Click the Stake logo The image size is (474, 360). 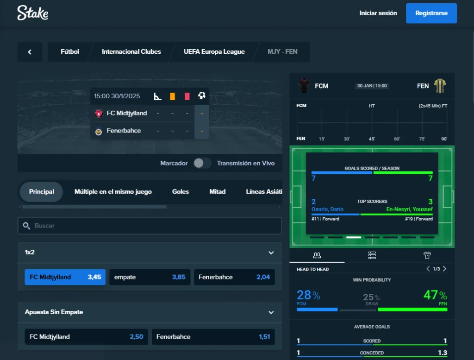pyautogui.click(x=32, y=13)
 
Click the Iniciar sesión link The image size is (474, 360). pyautogui.click(x=378, y=13)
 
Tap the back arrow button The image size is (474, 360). pyautogui.click(x=30, y=52)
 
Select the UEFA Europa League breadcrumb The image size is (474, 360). pyautogui.click(x=214, y=51)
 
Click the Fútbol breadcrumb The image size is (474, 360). pyautogui.click(x=70, y=51)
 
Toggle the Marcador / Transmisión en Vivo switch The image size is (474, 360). pyautogui.click(x=202, y=163)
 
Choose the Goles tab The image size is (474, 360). pyautogui.click(x=181, y=191)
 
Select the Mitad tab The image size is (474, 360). pyautogui.click(x=218, y=191)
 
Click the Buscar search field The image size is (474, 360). pyautogui.click(x=150, y=226)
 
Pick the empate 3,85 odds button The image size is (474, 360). pyautogui.click(x=150, y=277)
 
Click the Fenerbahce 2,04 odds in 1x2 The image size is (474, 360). pyautogui.click(x=234, y=277)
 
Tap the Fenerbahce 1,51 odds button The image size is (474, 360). pyautogui.click(x=213, y=337)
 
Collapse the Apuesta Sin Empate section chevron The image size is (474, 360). pyautogui.click(x=271, y=312)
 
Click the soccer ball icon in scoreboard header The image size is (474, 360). pyautogui.click(x=202, y=96)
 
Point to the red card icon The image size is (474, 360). pyautogui.click(x=187, y=96)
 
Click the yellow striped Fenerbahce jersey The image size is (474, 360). pyautogui.click(x=440, y=86)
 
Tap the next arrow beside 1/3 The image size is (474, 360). pyautogui.click(x=445, y=269)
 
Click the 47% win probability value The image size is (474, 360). pyautogui.click(x=435, y=295)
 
